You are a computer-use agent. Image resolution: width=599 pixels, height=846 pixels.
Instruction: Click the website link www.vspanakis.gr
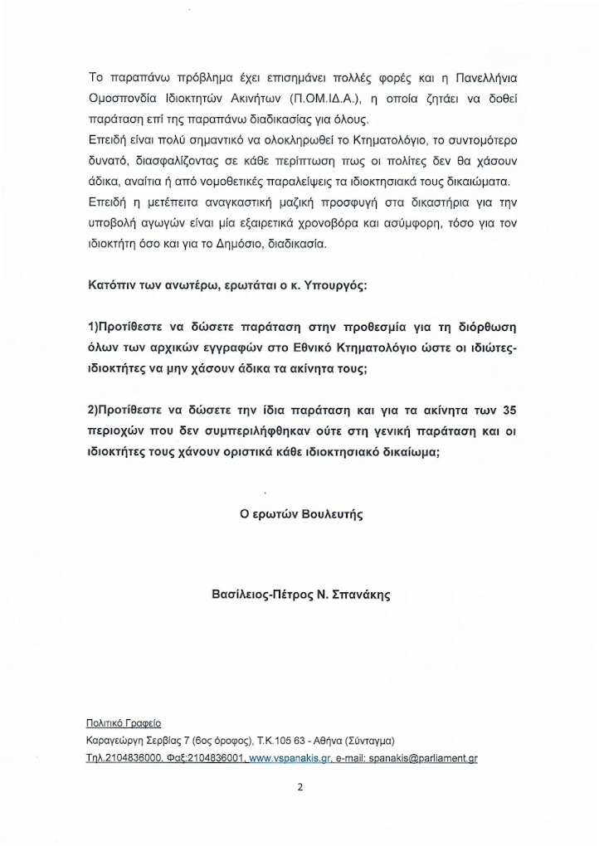point(284,757)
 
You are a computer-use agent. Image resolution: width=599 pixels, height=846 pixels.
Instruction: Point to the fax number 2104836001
point(217,757)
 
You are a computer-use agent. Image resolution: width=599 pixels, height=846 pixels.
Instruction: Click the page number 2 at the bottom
point(299,790)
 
